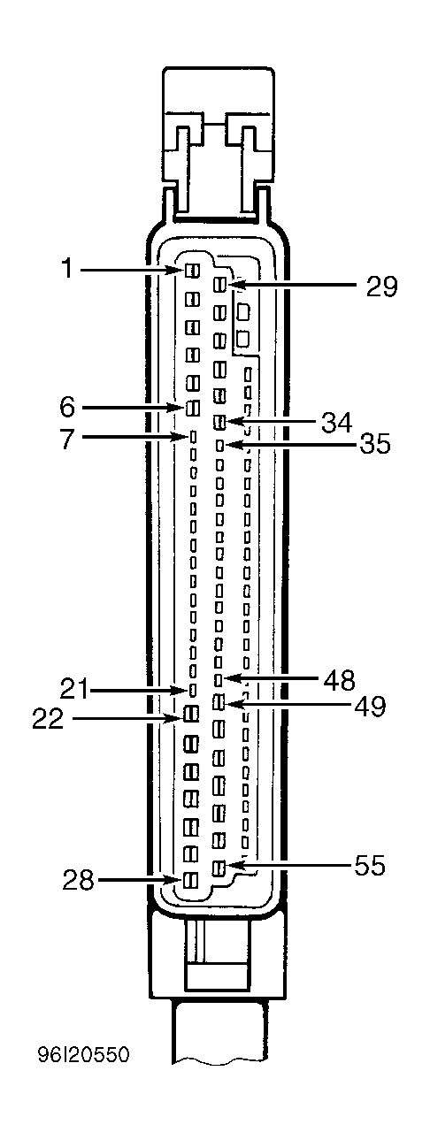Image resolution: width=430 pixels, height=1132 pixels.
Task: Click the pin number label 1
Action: pos(67,268)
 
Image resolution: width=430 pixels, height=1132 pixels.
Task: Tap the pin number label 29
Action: pos(382,286)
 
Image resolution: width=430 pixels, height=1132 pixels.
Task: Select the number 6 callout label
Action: pos(68,406)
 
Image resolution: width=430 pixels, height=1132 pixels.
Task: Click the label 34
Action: pos(336,422)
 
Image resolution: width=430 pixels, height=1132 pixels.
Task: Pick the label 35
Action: pos(374,445)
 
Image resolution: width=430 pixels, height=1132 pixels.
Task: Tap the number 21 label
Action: pos(74,690)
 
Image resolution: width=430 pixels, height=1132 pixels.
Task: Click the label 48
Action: pos(340,680)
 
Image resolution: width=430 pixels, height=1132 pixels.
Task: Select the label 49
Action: pos(370,706)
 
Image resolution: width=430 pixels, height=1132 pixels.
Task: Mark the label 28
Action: pos(79,881)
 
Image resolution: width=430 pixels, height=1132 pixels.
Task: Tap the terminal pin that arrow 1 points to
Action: pos(192,272)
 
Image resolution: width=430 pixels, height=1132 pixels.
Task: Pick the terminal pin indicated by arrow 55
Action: pos(218,868)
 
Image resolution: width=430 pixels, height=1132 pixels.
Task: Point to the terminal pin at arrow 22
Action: pos(191,714)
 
